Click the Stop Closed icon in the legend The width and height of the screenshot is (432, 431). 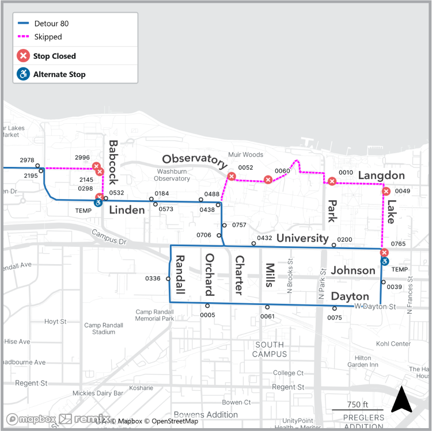(x=23, y=56)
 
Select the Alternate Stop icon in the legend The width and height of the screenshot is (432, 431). (x=23, y=74)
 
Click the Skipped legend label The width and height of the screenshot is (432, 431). (x=48, y=37)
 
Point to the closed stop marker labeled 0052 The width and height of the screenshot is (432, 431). (x=232, y=177)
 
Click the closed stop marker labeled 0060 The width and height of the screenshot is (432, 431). (x=268, y=180)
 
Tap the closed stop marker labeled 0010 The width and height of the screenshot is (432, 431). (x=332, y=182)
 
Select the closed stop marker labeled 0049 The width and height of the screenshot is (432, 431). (x=386, y=191)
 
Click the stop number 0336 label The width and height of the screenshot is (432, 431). (x=153, y=279)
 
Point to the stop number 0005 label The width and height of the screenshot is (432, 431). (x=207, y=315)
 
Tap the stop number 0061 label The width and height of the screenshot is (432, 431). (x=267, y=316)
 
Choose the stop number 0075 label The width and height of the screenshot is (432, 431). (x=335, y=317)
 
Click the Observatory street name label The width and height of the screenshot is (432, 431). (x=195, y=160)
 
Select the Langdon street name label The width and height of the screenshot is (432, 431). (x=381, y=175)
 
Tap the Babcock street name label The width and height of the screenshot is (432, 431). (x=113, y=163)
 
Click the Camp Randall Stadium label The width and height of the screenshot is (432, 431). (x=104, y=328)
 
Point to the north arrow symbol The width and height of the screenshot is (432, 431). (x=401, y=399)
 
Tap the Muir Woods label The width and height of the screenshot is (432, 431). (x=245, y=155)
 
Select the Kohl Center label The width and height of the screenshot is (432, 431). (x=393, y=344)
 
